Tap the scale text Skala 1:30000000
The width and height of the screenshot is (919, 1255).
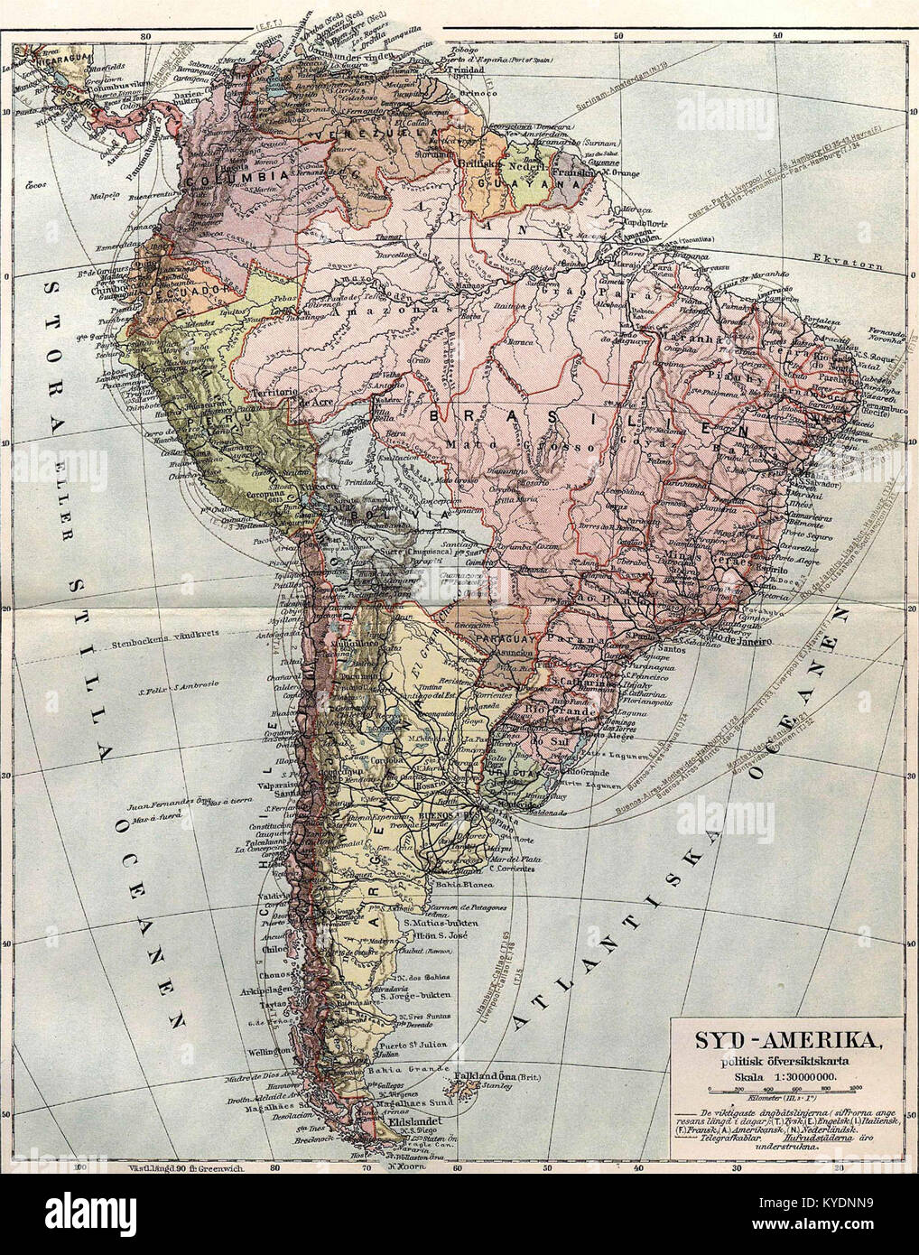(x=783, y=1075)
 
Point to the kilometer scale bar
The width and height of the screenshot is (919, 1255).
(x=782, y=1092)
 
